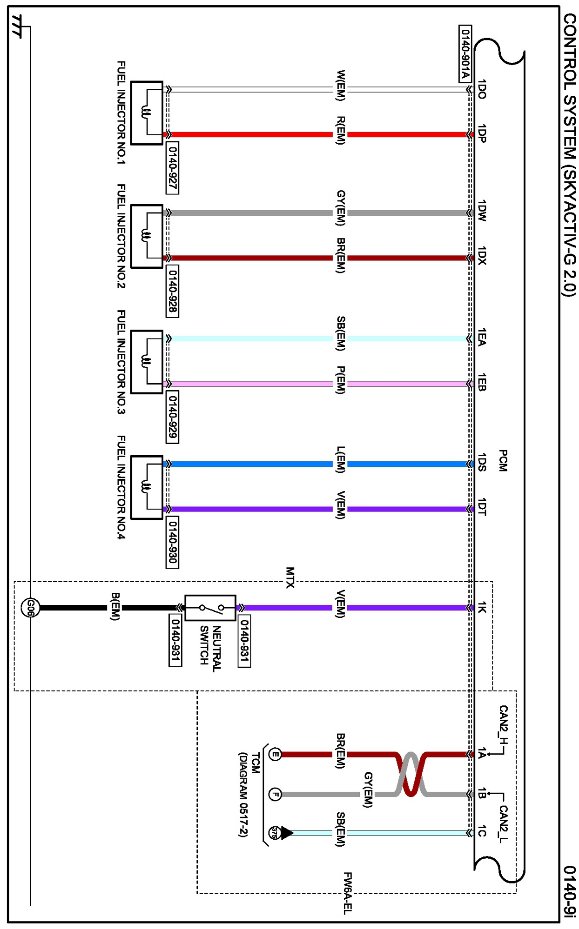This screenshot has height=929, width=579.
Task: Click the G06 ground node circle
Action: click(x=30, y=607)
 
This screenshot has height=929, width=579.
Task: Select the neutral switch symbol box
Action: click(x=210, y=607)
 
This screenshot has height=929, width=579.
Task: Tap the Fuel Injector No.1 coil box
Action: click(x=147, y=113)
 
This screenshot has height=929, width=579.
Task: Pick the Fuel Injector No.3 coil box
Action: click(x=147, y=362)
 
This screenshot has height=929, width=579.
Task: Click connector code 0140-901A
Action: click(x=465, y=53)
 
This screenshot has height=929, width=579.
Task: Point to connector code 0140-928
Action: click(x=172, y=291)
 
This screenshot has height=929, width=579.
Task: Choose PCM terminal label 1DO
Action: click(x=482, y=89)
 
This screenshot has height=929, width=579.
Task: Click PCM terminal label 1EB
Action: click(x=482, y=382)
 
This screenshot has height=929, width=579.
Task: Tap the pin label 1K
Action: click(x=482, y=607)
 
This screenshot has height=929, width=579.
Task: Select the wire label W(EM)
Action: click(x=341, y=85)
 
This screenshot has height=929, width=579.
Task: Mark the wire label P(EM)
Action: click(x=341, y=380)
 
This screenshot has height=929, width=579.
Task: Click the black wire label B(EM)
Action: click(x=115, y=606)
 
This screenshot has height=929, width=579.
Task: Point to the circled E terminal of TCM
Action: click(x=275, y=754)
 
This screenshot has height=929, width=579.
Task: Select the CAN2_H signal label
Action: click(x=503, y=724)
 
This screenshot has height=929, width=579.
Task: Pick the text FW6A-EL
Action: click(x=347, y=893)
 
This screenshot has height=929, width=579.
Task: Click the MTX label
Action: click(x=290, y=577)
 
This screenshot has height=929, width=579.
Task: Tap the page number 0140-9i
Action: click(x=570, y=891)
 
